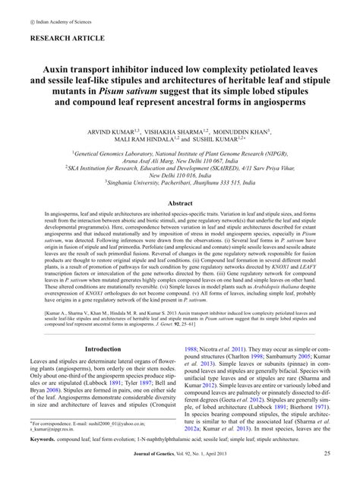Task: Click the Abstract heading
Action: (x=179, y=203)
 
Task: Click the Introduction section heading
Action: (x=103, y=348)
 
